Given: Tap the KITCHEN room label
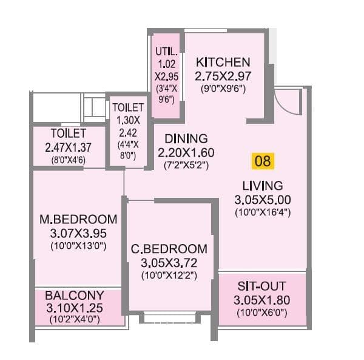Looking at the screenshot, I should [223, 62].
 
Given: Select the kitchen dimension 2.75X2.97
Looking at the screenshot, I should [223, 76].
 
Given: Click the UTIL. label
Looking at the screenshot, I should [166, 52].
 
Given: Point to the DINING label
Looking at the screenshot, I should [186, 138].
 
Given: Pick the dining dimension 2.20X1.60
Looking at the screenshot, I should [186, 152].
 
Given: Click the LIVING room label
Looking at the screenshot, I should [262, 186].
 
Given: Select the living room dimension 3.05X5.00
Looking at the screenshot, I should [262, 200].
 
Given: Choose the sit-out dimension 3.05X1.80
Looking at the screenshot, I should [262, 300].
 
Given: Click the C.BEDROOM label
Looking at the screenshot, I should [169, 249].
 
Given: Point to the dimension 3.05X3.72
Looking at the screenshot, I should [169, 263].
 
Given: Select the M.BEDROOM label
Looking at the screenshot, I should [77, 219].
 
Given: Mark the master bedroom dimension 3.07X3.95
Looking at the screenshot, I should [77, 233].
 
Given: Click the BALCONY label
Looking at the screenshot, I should [73, 294].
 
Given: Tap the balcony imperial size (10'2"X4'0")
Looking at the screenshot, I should [73, 319].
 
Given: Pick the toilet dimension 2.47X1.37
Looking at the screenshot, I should [69, 147].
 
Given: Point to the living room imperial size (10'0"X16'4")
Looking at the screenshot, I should [262, 212].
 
